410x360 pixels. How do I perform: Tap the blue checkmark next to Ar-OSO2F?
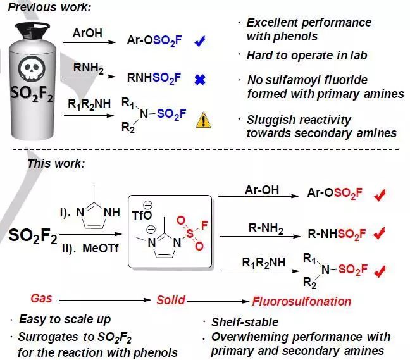click(x=201, y=42)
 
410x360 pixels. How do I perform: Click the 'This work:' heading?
click(x=56, y=163)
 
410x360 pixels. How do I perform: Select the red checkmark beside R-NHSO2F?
click(x=379, y=233)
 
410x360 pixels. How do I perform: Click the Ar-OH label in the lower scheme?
click(x=262, y=189)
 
